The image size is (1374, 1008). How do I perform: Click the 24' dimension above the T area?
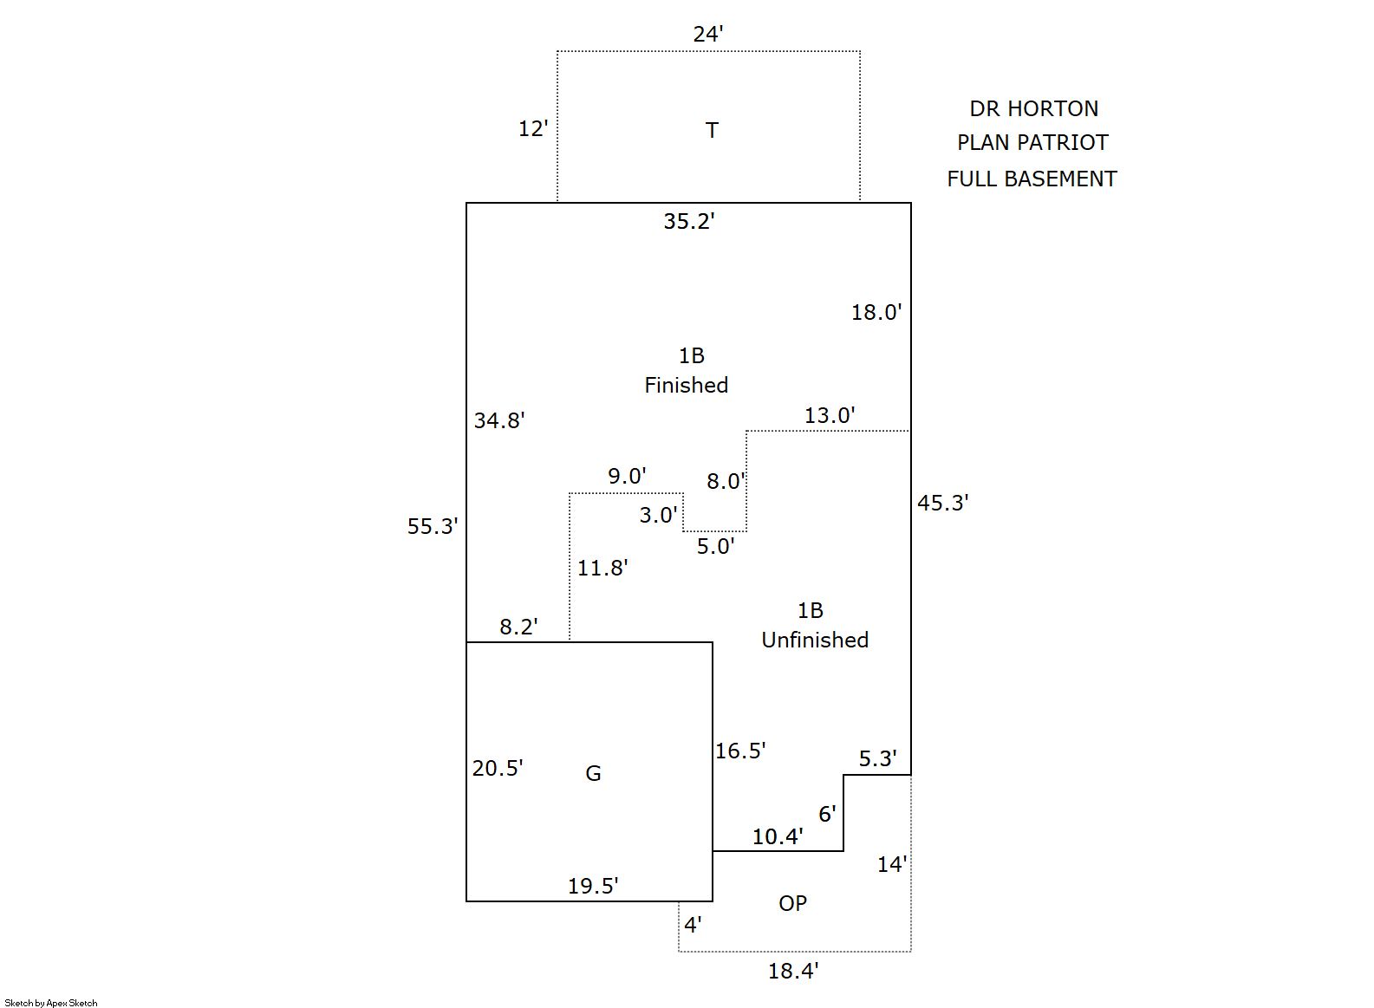(x=707, y=35)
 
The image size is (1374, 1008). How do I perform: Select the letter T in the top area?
(x=712, y=130)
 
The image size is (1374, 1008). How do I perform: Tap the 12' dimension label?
(x=533, y=129)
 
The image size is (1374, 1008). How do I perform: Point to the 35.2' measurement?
(x=689, y=222)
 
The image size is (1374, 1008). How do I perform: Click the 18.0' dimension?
(x=876, y=313)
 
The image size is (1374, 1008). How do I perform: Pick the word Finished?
(x=686, y=385)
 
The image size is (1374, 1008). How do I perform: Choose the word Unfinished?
(x=815, y=640)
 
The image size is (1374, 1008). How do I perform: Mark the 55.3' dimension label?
(x=433, y=526)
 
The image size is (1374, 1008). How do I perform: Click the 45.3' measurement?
(x=943, y=503)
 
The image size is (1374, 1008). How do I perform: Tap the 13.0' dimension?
(x=830, y=416)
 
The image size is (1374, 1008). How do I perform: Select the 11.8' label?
(x=602, y=568)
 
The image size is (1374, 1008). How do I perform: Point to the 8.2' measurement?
(x=518, y=627)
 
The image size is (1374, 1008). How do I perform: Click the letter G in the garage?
(x=593, y=773)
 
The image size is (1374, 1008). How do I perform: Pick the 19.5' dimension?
(x=593, y=886)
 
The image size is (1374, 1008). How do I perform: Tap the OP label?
(x=792, y=903)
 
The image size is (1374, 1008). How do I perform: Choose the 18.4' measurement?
(x=793, y=971)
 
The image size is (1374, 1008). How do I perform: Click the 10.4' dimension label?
(x=778, y=836)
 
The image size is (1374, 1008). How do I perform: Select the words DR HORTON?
(x=1033, y=109)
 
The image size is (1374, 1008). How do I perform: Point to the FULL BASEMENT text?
(x=1032, y=179)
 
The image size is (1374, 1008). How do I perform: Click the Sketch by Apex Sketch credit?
(x=51, y=1003)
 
